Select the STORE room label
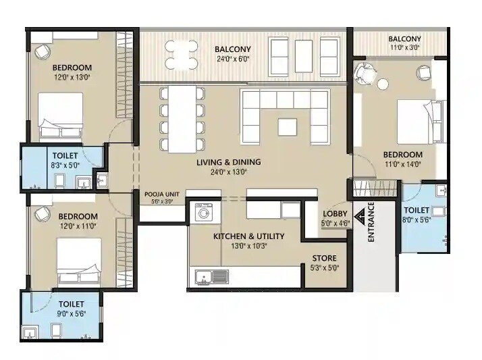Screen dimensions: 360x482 (323, 258)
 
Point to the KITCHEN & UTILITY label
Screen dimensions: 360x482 (248, 236)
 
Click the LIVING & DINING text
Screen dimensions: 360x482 (228, 162)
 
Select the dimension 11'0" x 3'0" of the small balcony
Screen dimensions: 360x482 (404, 48)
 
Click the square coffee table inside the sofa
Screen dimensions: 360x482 (287, 126)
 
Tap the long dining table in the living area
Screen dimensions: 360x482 (182, 119)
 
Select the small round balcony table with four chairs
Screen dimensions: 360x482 (182, 55)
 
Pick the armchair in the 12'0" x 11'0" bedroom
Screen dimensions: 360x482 (41, 213)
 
